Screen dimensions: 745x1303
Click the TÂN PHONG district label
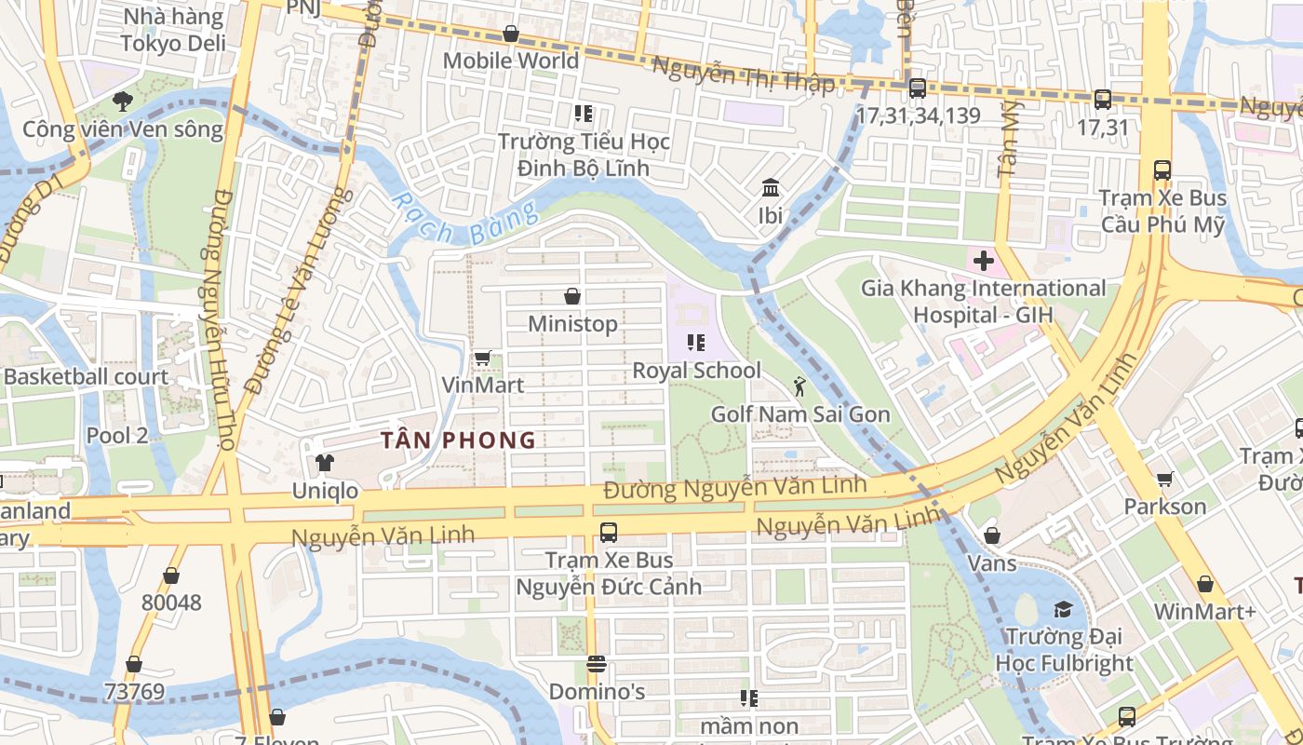pyautogui.click(x=458, y=440)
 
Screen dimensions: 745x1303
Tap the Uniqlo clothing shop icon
pyautogui.click(x=324, y=463)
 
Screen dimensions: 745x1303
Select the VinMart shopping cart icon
pyautogui.click(x=482, y=358)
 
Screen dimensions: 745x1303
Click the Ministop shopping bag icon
pyautogui.click(x=572, y=297)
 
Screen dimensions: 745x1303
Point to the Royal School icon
pyautogui.click(x=695, y=343)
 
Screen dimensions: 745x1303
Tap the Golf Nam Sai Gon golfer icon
pyautogui.click(x=799, y=386)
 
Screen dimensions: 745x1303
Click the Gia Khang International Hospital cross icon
pyautogui.click(x=983, y=262)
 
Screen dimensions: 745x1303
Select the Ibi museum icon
pyautogui.click(x=771, y=189)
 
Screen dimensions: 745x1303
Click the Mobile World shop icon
pyautogui.click(x=510, y=34)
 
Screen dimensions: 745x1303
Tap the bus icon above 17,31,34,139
pyautogui.click(x=917, y=88)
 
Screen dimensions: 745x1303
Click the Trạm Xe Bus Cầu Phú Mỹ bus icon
pyautogui.click(x=1162, y=170)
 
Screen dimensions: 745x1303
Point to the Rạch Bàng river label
pyautogui.click(x=463, y=220)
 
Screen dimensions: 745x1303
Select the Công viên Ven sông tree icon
pyautogui.click(x=122, y=102)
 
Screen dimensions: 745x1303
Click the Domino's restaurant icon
pyautogui.click(x=597, y=665)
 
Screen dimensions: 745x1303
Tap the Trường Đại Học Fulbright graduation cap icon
pyautogui.click(x=1063, y=610)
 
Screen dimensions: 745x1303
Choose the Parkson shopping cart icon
pyautogui.click(x=1164, y=480)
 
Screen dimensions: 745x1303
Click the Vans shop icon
pyautogui.click(x=992, y=536)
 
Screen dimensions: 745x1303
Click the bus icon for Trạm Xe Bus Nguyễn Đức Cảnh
pyautogui.click(x=608, y=533)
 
